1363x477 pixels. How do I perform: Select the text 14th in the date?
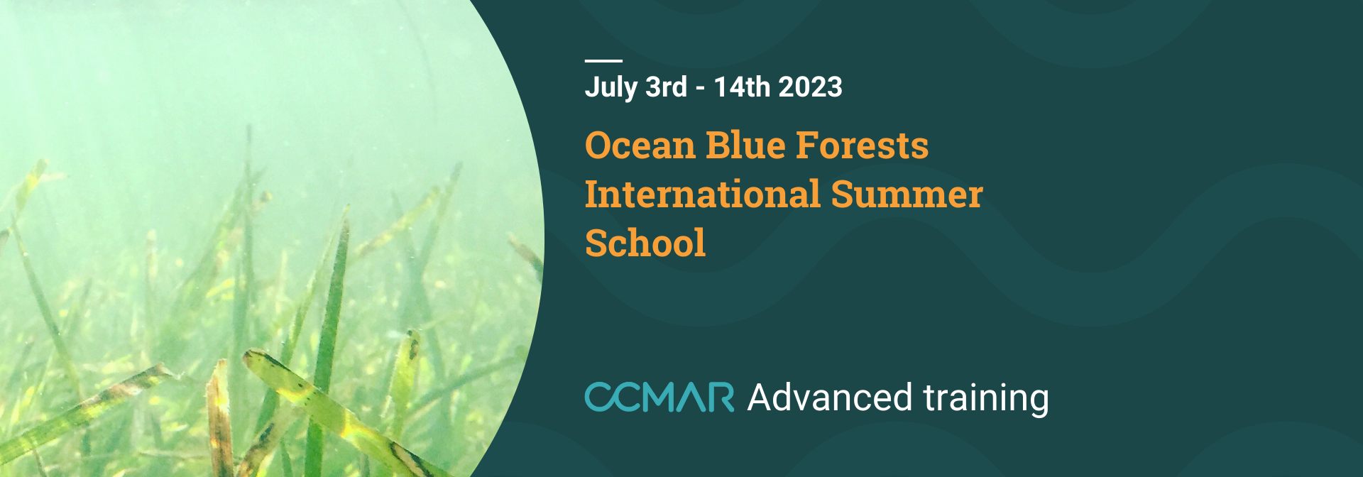(742, 87)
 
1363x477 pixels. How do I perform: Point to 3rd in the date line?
(666, 87)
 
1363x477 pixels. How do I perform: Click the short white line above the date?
(603, 61)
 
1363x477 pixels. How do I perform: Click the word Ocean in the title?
(640, 146)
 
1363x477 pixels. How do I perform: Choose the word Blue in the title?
(745, 146)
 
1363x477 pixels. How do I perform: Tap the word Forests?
(862, 146)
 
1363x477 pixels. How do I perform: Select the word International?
(703, 194)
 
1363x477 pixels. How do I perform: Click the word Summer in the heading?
(907, 194)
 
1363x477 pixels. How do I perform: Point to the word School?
(645, 243)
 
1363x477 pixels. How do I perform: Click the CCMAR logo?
(659, 397)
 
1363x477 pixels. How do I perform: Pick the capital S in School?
(597, 243)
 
